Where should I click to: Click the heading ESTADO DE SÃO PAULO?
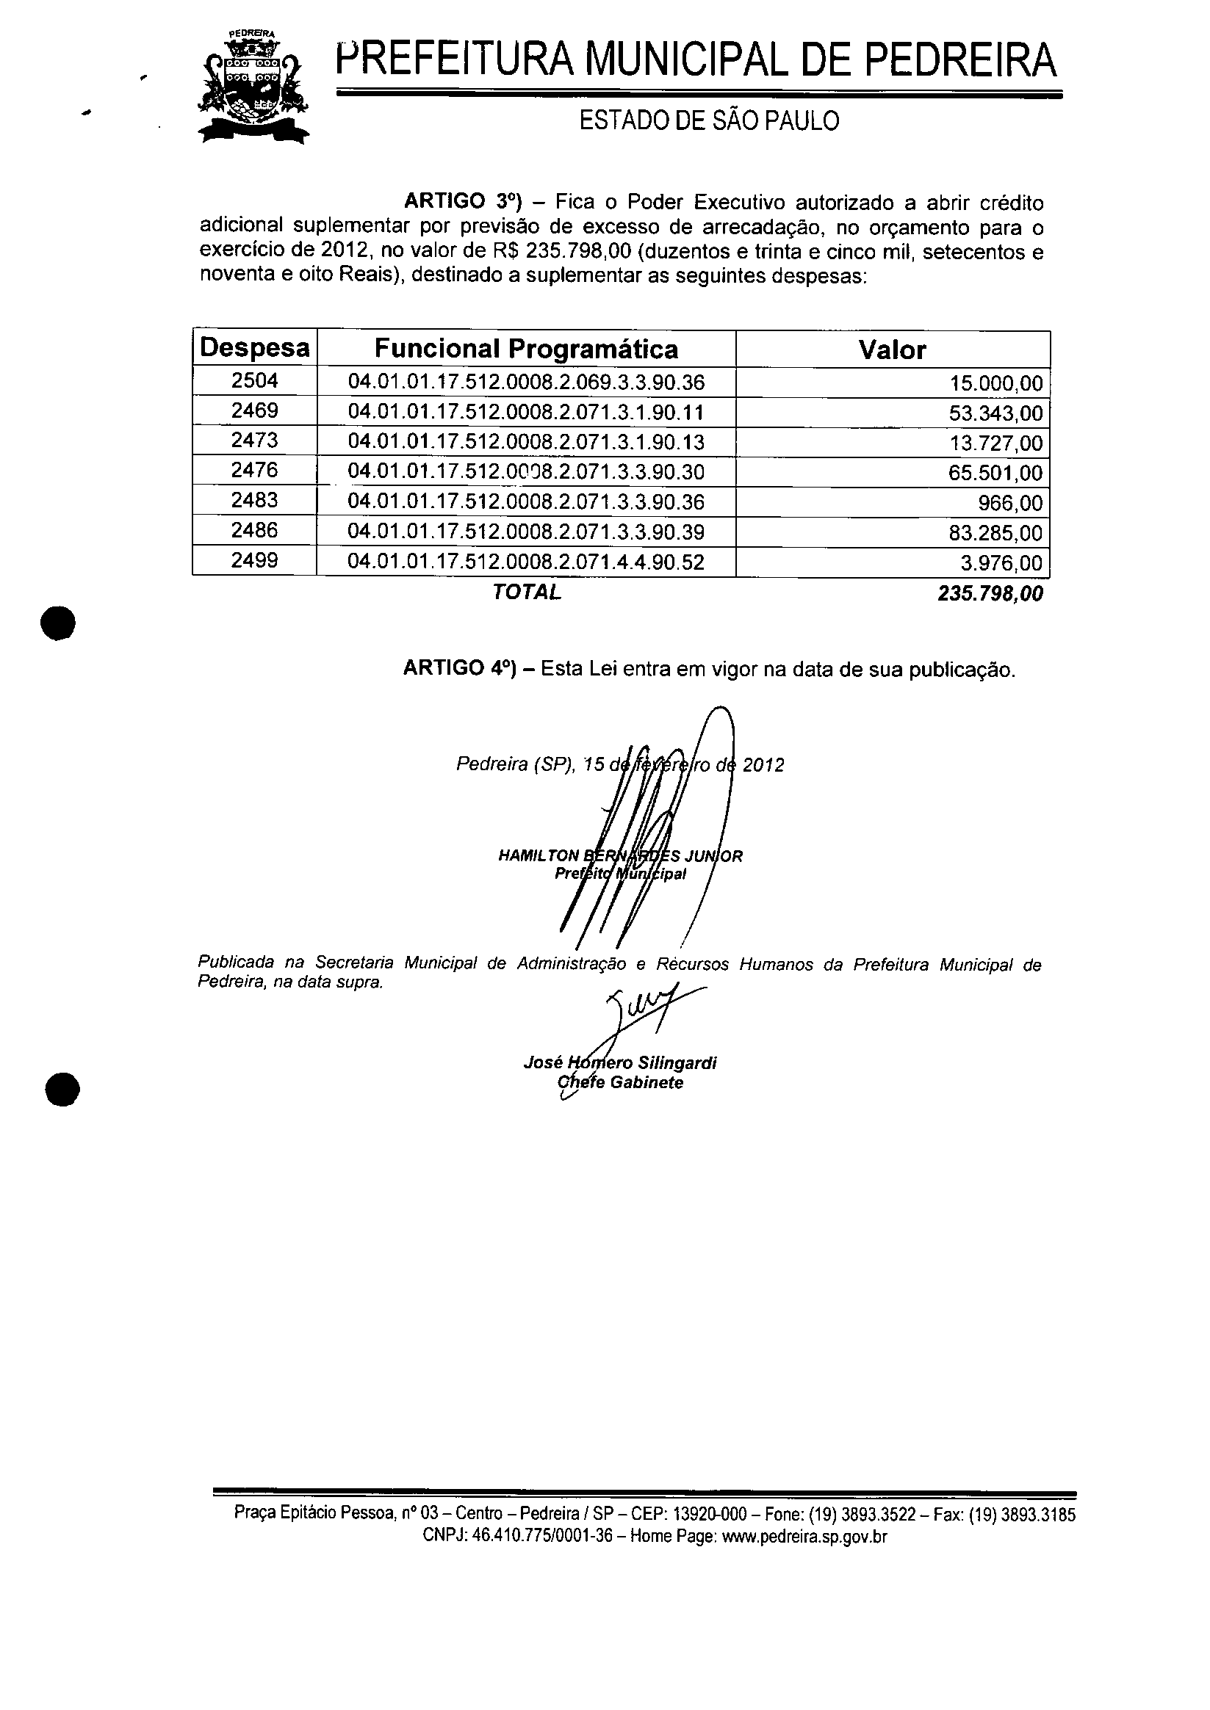(x=708, y=120)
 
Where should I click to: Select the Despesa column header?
(x=255, y=348)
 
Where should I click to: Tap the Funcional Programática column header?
(x=526, y=349)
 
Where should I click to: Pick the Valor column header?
(x=892, y=349)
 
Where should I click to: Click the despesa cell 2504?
(x=255, y=380)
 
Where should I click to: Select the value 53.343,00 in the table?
(x=995, y=413)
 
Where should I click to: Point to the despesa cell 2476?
(x=255, y=470)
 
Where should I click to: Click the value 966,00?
(x=1009, y=503)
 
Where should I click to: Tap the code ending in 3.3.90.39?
(x=526, y=532)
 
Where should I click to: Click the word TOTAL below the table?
(x=526, y=592)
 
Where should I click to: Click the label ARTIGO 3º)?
(x=460, y=202)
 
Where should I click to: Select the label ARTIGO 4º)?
(x=460, y=668)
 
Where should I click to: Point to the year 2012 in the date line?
(x=763, y=765)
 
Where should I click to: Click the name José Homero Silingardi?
(x=620, y=1063)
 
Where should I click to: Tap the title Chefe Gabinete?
(x=620, y=1082)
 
